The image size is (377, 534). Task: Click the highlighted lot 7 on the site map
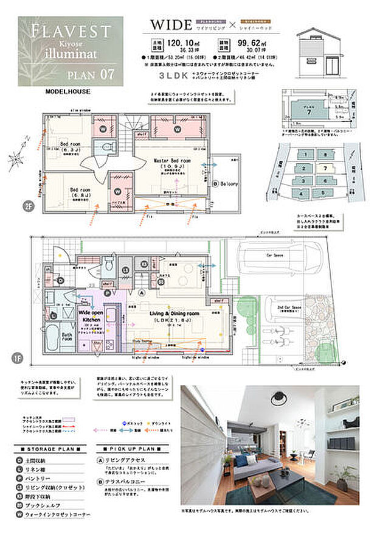pyautogui.click(x=326, y=167)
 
